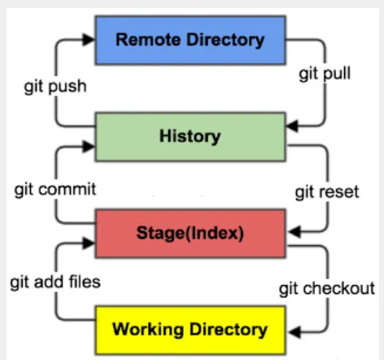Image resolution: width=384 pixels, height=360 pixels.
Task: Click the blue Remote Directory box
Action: (190, 39)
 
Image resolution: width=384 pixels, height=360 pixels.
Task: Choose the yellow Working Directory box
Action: (190, 329)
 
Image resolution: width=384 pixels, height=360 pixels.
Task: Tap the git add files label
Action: (55, 283)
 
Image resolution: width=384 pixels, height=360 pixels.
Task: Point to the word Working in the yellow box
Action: (146, 329)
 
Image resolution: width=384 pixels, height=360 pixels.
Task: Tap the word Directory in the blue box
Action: (225, 39)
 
